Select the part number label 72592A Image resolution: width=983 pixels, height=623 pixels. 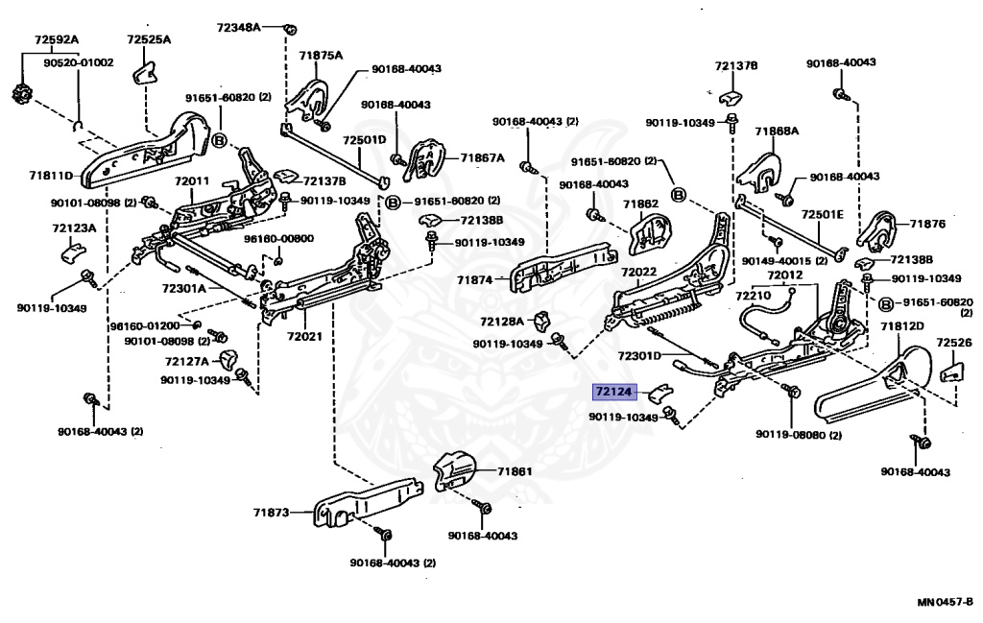[x=56, y=39]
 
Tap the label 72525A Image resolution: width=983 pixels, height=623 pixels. [x=148, y=39]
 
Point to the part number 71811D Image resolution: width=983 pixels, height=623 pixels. [x=50, y=176]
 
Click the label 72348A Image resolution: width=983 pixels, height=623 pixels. [x=238, y=28]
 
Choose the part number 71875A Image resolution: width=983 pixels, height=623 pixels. [x=320, y=56]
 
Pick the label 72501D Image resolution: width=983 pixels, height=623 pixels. [x=365, y=139]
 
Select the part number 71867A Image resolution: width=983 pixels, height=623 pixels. [x=482, y=157]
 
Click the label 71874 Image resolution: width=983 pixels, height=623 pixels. [x=474, y=280]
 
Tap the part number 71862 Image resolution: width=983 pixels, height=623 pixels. [x=640, y=204]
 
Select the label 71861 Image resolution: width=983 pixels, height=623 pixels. [x=515, y=471]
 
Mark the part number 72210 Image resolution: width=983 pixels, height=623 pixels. [x=754, y=297]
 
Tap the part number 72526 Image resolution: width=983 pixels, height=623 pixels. [x=953, y=342]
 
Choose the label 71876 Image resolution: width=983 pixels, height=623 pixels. [x=927, y=224]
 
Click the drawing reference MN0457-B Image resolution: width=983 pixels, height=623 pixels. [x=945, y=602]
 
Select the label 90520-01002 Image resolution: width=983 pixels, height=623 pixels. [x=79, y=62]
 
